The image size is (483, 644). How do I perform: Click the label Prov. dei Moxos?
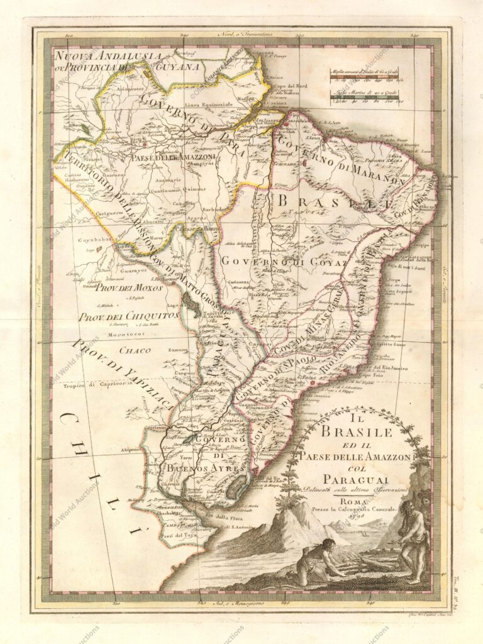coord(128,288)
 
